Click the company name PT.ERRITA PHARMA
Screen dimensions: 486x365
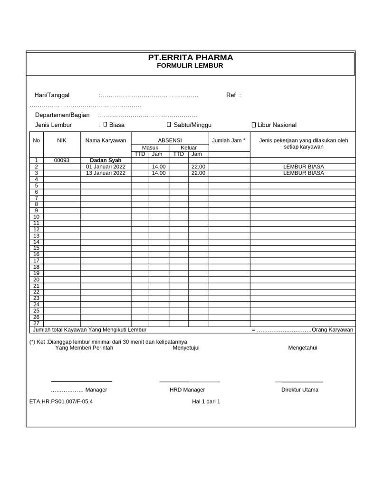click(x=190, y=57)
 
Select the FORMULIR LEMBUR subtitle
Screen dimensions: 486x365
click(x=190, y=66)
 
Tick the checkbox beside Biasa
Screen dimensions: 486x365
click(x=106, y=124)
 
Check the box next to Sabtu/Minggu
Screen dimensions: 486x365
click(x=169, y=124)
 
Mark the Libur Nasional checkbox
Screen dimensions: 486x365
click(x=253, y=125)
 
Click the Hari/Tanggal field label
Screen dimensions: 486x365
click(x=52, y=95)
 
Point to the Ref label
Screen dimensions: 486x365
click(x=231, y=95)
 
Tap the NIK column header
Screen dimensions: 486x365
click(x=62, y=140)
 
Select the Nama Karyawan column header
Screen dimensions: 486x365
click(x=106, y=140)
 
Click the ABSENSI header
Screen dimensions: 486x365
click(x=170, y=140)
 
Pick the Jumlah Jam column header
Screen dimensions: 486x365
click(x=229, y=140)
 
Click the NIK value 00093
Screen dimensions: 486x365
click(x=62, y=160)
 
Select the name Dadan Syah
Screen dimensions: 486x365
click(x=106, y=160)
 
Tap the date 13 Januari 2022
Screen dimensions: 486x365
click(x=106, y=173)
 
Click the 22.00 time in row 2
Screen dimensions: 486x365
click(x=198, y=167)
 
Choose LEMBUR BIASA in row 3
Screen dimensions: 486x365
click(x=303, y=173)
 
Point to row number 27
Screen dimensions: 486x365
click(x=36, y=323)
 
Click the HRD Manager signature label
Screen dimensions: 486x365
click(x=187, y=390)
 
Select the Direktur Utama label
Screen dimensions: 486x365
click(x=300, y=390)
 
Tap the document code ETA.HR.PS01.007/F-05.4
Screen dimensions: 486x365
click(x=61, y=402)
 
